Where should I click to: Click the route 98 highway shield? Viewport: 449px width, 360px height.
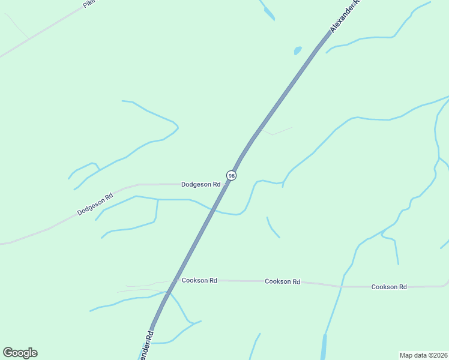coord(232,175)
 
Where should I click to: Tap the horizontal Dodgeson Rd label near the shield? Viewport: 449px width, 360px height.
coord(200,184)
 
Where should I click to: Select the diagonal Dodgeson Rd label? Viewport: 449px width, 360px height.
coord(95,204)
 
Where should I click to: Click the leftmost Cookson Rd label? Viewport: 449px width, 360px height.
coord(199,280)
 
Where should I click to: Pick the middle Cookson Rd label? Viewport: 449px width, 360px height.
coord(282,281)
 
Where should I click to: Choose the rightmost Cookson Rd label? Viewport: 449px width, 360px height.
coord(389,287)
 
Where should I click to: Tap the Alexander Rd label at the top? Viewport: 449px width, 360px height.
coord(344,16)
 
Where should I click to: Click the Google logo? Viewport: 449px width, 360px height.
coord(20,353)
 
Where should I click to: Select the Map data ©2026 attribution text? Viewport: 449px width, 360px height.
coord(423,355)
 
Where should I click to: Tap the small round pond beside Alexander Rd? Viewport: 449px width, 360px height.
coord(297,51)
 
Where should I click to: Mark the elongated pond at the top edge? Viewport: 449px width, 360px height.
coord(267,11)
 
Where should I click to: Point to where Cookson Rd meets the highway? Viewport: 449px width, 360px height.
coord(174,280)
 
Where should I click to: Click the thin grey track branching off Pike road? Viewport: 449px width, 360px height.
coord(18,27)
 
